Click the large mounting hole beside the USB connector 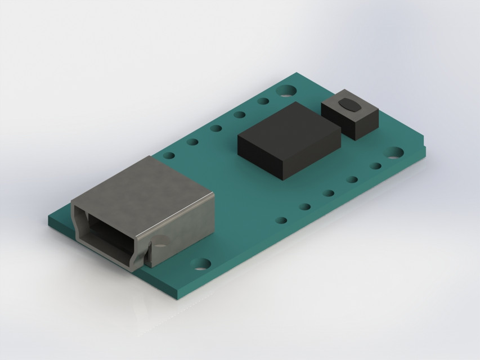coord(200,263)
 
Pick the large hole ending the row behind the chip coord(287,90)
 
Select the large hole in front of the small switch coord(394,152)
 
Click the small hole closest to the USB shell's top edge coord(169,155)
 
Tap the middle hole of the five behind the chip coord(216,128)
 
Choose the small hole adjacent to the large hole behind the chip coord(263,101)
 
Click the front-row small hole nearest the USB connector coord(281,220)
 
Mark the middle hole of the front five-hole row coord(329,193)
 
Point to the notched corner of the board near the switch coord(423,148)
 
